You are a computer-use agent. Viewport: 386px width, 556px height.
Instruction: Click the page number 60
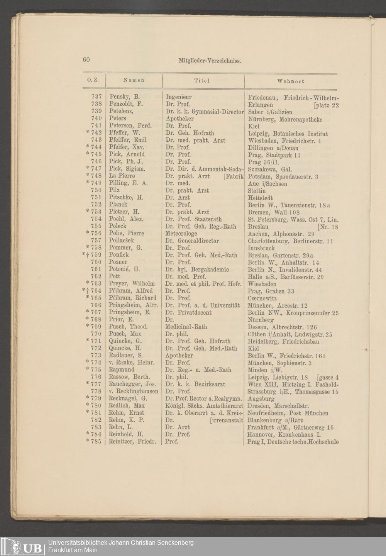point(86,59)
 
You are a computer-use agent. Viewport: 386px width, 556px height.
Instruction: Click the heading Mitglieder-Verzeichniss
point(210,61)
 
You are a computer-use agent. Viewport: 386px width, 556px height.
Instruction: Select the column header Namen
point(134,80)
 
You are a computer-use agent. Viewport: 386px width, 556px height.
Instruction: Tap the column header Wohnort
point(291,81)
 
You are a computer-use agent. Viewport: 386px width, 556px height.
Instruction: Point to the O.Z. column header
point(93,80)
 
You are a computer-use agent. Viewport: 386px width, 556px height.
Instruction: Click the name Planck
point(118,205)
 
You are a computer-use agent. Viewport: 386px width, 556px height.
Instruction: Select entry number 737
point(96,97)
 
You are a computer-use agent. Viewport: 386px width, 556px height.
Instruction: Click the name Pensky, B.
point(124,97)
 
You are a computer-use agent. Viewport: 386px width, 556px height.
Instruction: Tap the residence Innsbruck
point(261,248)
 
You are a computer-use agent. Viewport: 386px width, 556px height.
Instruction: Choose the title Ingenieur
point(179,97)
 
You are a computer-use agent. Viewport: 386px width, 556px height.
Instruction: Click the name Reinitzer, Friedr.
point(132,441)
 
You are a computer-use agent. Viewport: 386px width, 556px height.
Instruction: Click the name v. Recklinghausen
point(133,391)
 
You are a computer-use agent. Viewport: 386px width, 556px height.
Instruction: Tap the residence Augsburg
point(261,398)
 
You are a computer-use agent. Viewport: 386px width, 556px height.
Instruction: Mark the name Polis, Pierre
point(126,233)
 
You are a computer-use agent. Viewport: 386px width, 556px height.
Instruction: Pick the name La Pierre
point(122,176)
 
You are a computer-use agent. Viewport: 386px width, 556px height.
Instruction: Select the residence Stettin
point(257,191)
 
